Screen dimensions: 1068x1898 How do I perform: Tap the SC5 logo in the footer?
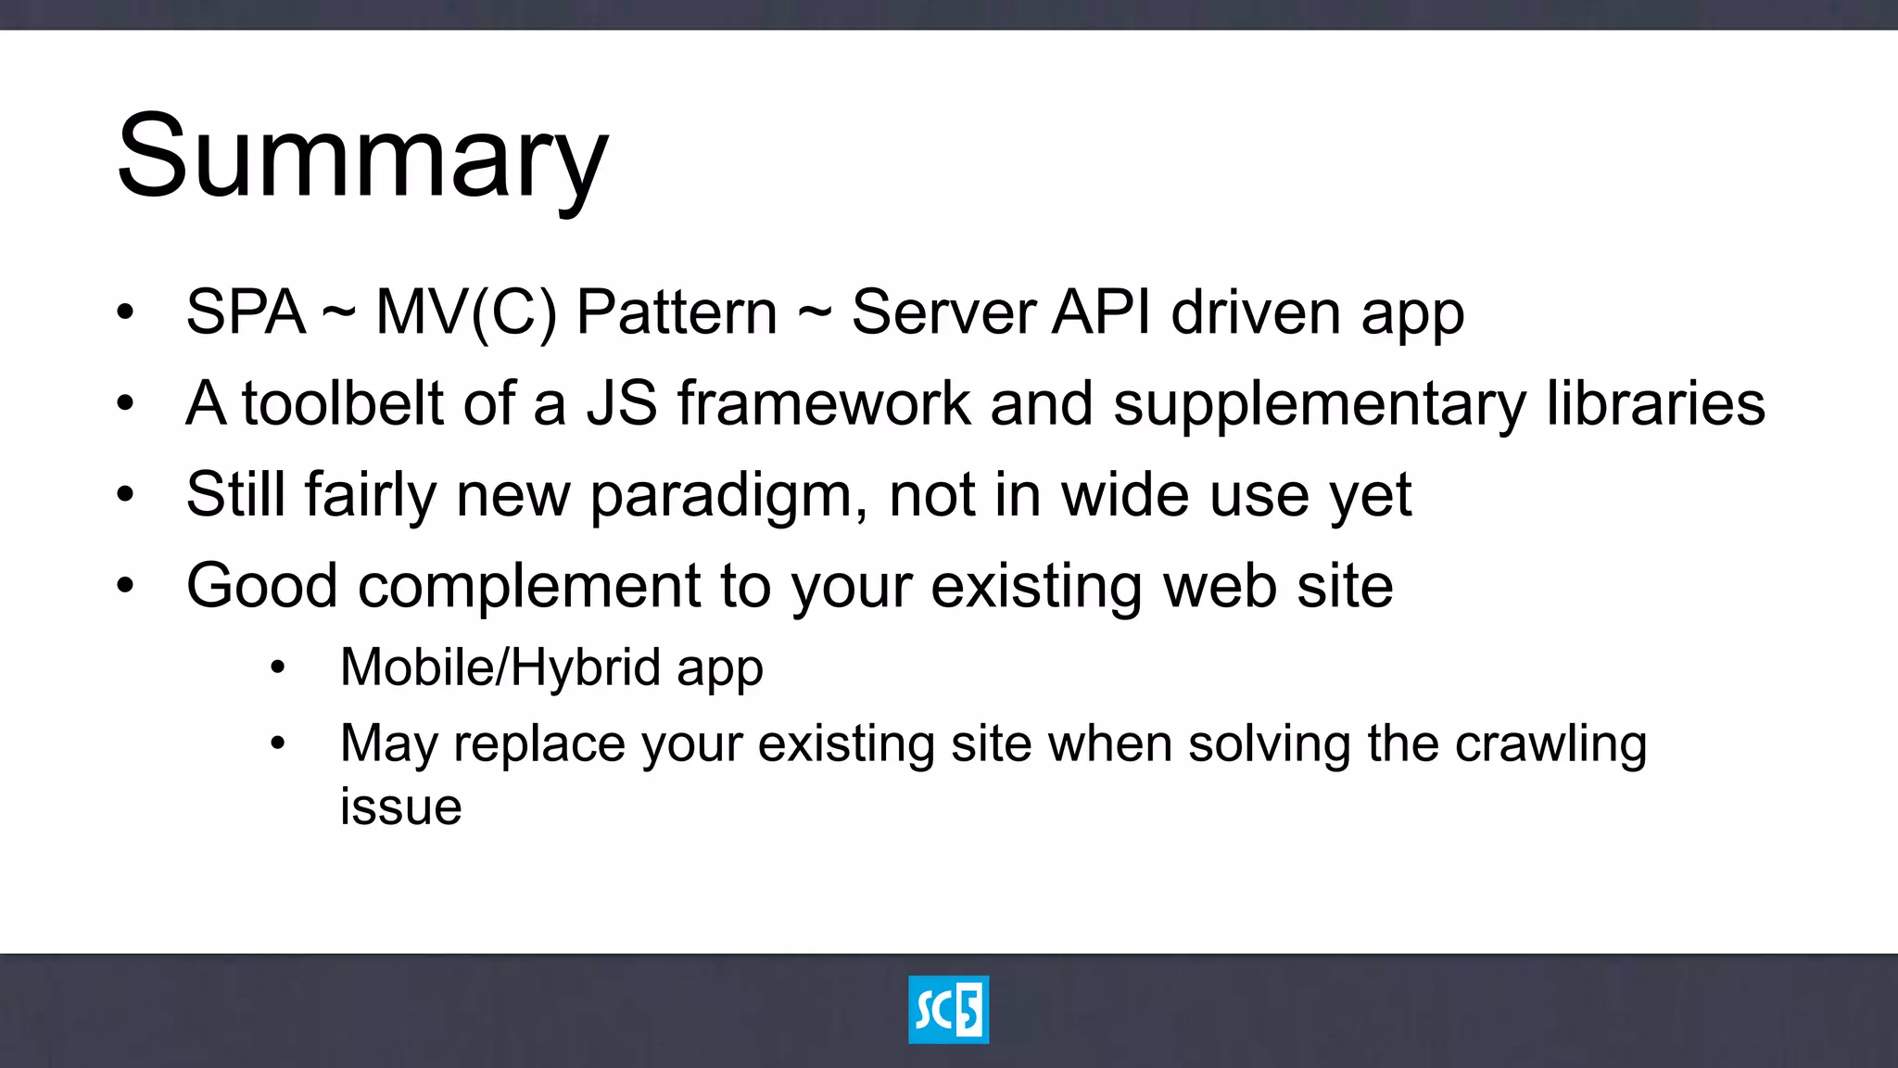click(948, 1010)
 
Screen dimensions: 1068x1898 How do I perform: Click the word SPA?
click(245, 312)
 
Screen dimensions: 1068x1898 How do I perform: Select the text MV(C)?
click(466, 312)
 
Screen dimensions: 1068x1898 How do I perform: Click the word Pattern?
click(677, 312)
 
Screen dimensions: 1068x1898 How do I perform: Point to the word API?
click(1101, 312)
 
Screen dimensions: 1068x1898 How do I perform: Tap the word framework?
click(824, 404)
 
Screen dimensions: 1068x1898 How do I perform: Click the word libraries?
click(1656, 404)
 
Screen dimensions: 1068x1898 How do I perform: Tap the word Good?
click(261, 586)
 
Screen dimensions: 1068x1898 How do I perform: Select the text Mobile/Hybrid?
click(500, 667)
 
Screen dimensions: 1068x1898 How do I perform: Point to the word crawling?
click(1550, 744)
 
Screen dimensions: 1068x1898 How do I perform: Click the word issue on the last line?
click(400, 807)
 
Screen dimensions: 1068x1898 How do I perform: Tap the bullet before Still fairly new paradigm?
click(125, 494)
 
